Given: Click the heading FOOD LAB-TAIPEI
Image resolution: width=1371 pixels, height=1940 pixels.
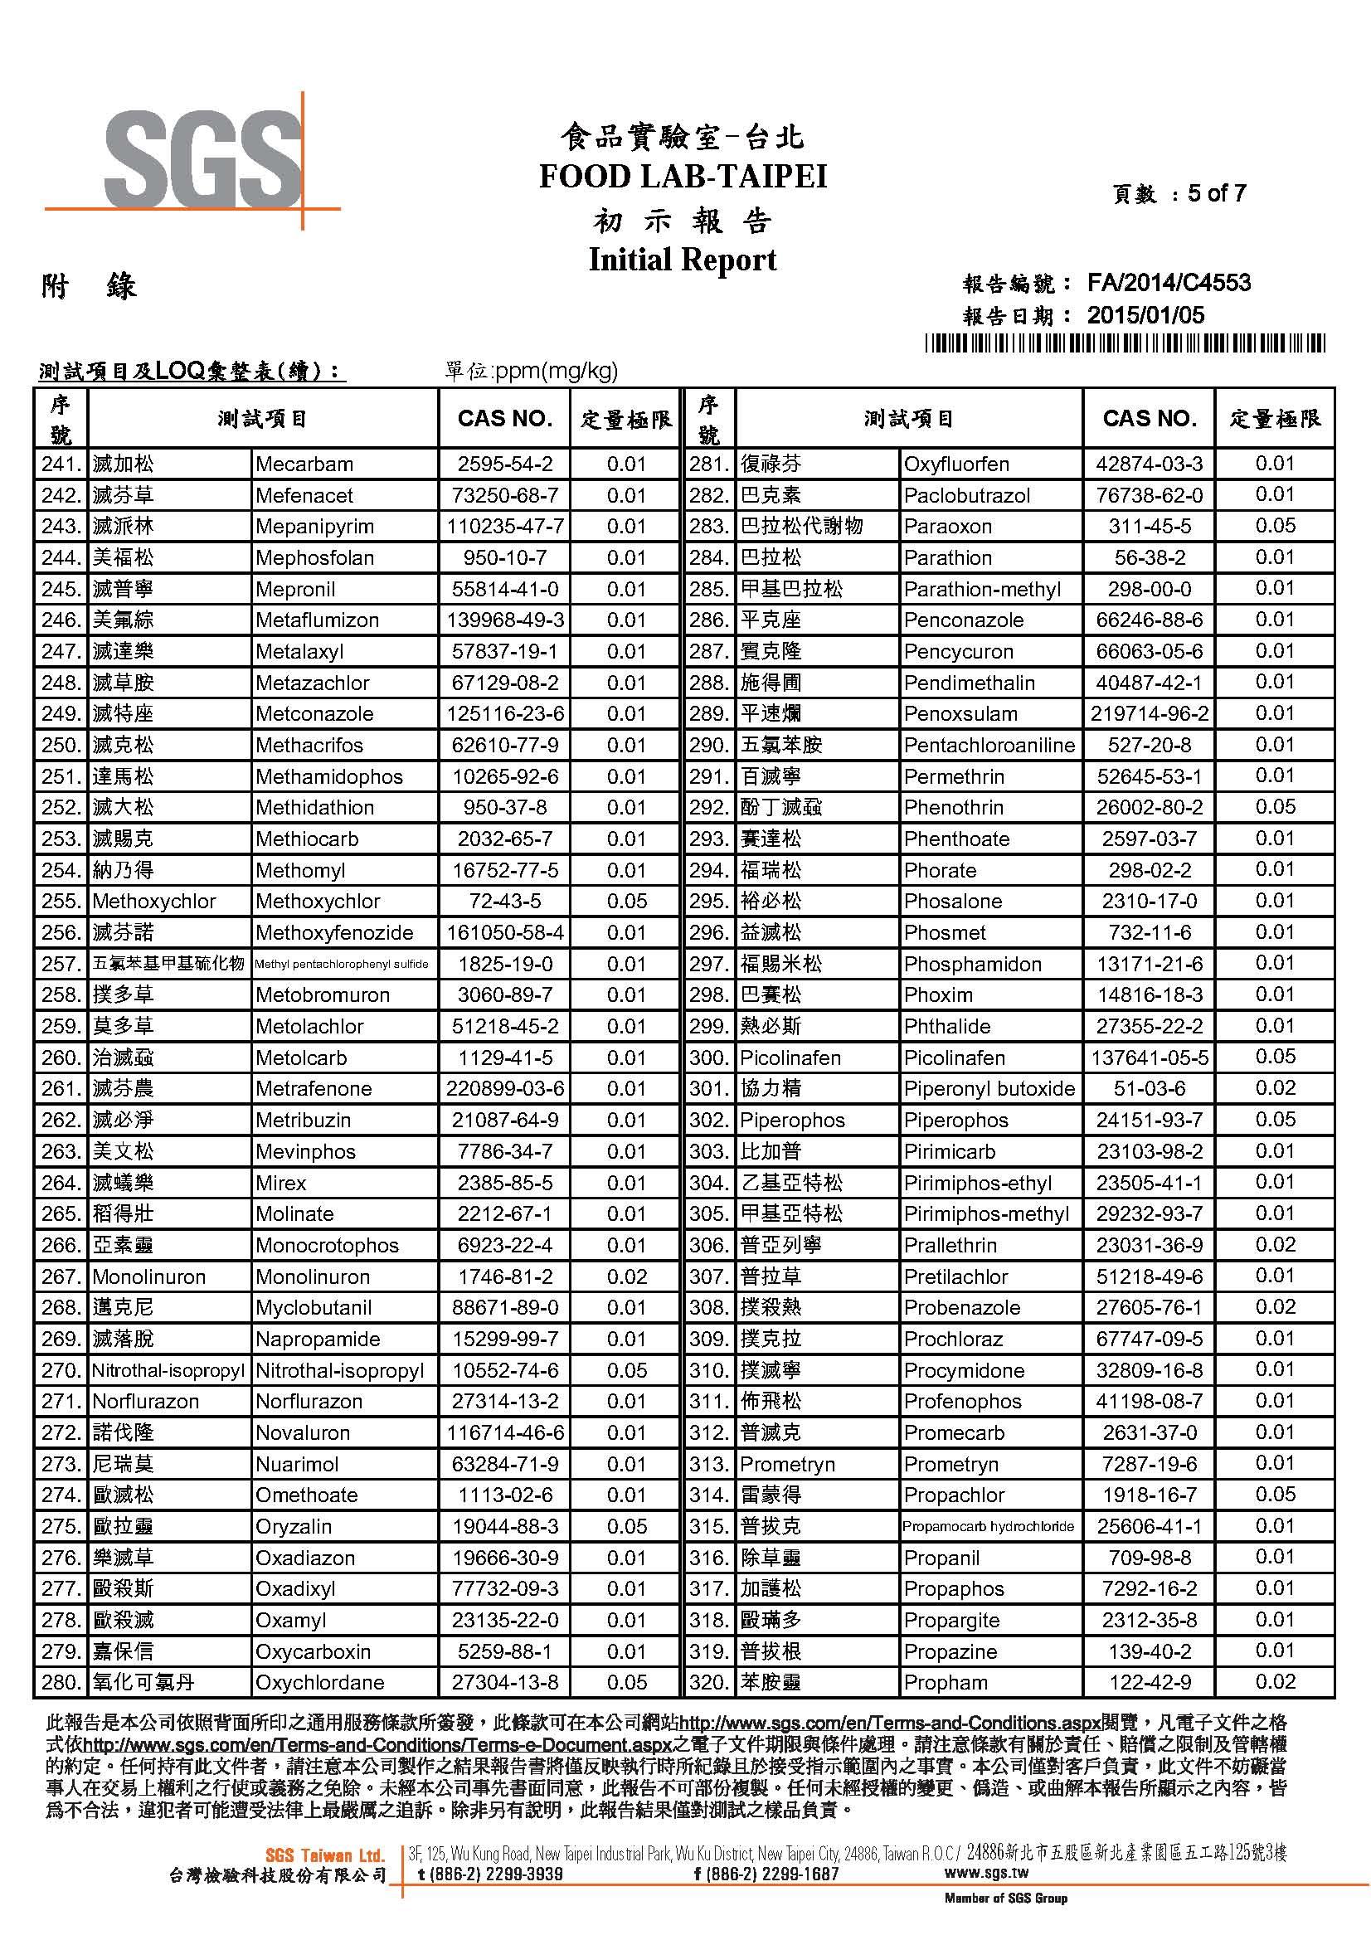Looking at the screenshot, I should [x=683, y=177].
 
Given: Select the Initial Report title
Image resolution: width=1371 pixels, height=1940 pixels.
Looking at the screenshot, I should [x=683, y=260].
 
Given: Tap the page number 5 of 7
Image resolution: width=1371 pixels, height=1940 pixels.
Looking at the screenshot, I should [x=1217, y=193].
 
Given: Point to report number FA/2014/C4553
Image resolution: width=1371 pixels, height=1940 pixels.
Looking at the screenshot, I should [x=1169, y=283].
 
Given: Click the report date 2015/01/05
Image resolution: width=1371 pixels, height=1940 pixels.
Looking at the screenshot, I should [x=1145, y=316].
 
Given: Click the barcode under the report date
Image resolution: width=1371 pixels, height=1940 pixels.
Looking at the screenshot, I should [x=1125, y=343].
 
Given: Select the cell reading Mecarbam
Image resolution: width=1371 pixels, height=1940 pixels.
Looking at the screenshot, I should [x=304, y=464].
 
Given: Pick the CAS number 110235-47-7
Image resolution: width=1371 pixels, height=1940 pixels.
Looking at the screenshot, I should [x=504, y=527].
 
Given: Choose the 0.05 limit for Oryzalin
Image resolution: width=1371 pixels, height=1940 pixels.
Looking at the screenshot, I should [x=626, y=1527].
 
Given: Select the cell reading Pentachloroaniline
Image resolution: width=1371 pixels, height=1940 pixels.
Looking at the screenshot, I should [x=989, y=746].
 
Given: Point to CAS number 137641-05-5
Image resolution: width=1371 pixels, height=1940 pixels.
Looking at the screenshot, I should [x=1149, y=1058].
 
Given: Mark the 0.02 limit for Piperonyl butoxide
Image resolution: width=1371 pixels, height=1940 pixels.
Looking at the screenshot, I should [x=1275, y=1088].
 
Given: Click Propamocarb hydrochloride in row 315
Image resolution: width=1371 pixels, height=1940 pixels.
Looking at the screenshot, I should [x=989, y=1527].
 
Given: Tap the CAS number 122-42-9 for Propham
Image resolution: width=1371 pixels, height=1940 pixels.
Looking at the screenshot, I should [x=1149, y=1682].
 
